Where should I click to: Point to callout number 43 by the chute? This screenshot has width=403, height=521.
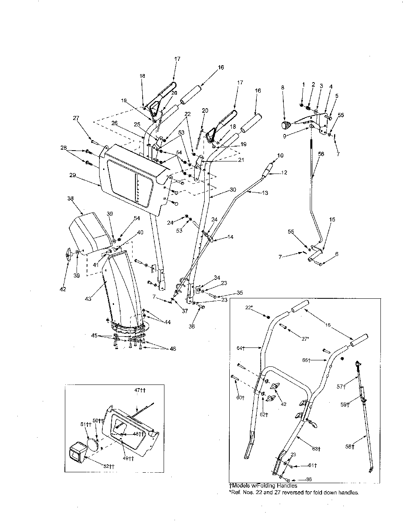[x=88, y=298]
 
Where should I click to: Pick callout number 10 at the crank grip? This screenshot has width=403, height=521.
[x=280, y=155]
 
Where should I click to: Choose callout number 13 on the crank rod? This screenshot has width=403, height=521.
[x=265, y=193]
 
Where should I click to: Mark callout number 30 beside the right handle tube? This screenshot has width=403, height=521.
[x=233, y=189]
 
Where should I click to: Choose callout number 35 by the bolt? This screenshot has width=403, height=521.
[x=239, y=292]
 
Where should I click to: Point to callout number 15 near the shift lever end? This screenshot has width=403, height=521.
[x=332, y=220]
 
